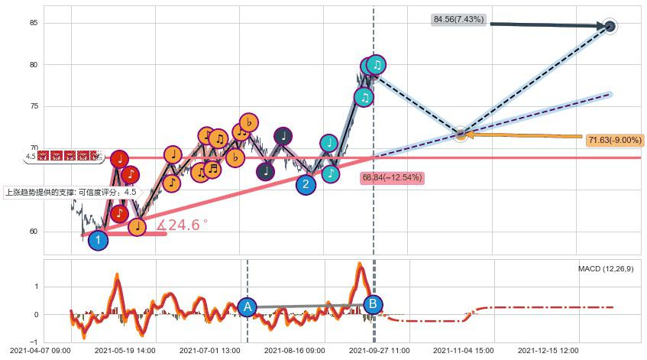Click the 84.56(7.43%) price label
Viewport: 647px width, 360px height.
[x=458, y=20]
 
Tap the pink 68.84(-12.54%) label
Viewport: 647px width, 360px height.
[x=391, y=177]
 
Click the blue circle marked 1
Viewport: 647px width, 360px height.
[x=98, y=241]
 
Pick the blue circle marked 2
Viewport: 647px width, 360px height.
[x=306, y=184]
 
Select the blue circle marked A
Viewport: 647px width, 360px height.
[x=247, y=307]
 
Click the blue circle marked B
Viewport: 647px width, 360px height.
[x=373, y=304]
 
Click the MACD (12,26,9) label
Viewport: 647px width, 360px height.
[x=606, y=269]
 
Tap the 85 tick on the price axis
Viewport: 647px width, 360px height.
[x=33, y=23]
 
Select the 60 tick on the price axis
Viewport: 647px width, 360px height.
[x=33, y=232]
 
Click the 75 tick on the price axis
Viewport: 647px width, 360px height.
[x=33, y=106]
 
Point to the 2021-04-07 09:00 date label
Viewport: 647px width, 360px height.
[x=41, y=350]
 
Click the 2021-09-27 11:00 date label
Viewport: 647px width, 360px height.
[x=380, y=350]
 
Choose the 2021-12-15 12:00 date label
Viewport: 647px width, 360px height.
[x=548, y=350]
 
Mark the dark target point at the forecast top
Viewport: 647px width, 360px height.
[x=610, y=27]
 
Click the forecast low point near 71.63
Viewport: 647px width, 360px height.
[x=461, y=135]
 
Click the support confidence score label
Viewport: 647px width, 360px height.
[x=71, y=193]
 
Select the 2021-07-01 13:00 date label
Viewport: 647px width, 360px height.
[x=210, y=350]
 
